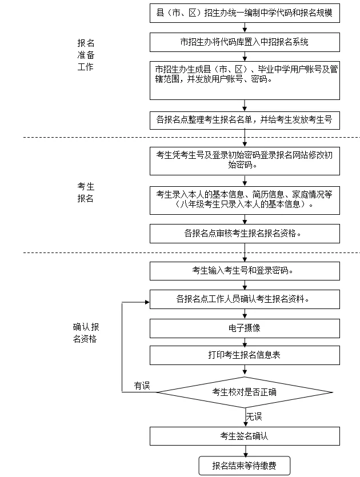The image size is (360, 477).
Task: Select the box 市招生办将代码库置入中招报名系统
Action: point(245,42)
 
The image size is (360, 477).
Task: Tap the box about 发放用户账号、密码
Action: point(245,80)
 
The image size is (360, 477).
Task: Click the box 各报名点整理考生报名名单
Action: point(245,120)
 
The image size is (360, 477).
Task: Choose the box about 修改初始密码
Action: point(245,159)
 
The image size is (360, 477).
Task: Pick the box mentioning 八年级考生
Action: point(245,199)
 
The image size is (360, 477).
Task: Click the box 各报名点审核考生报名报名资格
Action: point(245,233)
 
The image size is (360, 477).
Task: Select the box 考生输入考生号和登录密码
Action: point(245,271)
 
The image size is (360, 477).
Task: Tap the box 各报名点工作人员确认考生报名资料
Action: point(245,299)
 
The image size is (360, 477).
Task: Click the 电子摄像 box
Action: point(245,328)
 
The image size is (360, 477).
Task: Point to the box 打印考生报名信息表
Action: point(245,355)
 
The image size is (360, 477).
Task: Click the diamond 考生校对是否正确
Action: point(245,392)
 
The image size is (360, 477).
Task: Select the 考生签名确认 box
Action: point(245,436)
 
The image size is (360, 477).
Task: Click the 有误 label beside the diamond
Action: point(141,386)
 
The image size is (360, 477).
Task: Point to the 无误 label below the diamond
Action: point(254,416)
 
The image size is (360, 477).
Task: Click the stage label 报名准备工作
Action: point(86,55)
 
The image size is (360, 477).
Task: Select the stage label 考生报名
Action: point(86,193)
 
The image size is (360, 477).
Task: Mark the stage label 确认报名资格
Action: point(86,333)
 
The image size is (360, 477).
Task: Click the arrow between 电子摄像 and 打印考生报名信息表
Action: point(245,342)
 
